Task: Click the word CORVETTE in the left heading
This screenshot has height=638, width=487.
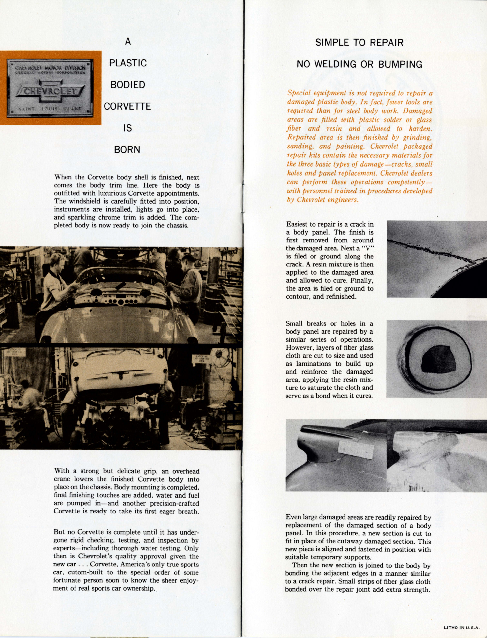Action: [x=127, y=106]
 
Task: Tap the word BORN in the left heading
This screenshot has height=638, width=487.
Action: [x=127, y=149]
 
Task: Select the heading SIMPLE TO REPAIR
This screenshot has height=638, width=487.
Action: [x=359, y=43]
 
